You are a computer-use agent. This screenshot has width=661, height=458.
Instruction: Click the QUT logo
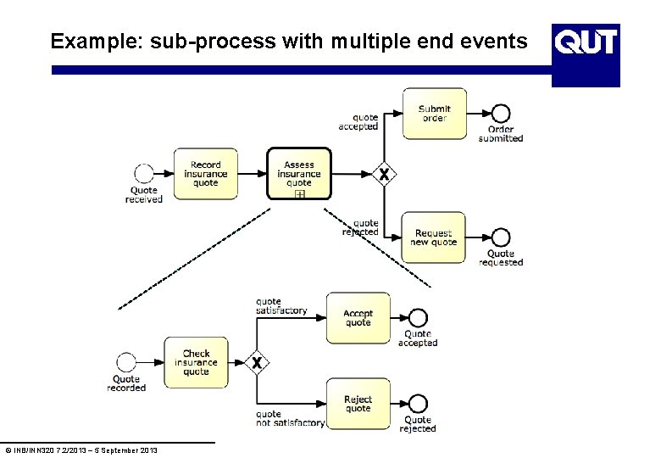(586, 42)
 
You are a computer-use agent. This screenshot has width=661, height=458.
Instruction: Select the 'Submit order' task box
(434, 114)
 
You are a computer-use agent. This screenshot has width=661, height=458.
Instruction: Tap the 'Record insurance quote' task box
(205, 174)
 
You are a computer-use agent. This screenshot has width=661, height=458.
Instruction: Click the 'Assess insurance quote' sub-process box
(298, 171)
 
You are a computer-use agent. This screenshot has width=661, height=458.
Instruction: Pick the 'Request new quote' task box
(434, 237)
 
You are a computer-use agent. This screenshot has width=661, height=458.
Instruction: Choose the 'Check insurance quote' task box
(196, 363)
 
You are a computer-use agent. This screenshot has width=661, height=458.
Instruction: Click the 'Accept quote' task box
(358, 318)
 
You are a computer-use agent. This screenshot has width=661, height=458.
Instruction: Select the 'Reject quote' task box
(358, 404)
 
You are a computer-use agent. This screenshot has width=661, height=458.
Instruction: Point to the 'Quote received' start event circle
(144, 174)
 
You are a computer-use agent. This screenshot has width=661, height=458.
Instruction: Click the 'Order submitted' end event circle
(501, 114)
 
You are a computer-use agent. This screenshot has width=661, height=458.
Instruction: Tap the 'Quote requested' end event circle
(501, 237)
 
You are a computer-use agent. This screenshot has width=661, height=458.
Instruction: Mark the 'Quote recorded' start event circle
(126, 363)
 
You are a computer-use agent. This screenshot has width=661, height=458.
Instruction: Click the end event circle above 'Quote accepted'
(418, 318)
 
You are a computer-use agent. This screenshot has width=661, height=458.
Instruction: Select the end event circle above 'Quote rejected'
(418, 404)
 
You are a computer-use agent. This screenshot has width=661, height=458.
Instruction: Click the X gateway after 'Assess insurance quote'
(384, 174)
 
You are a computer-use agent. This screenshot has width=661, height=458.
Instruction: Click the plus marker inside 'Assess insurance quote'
(299, 194)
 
